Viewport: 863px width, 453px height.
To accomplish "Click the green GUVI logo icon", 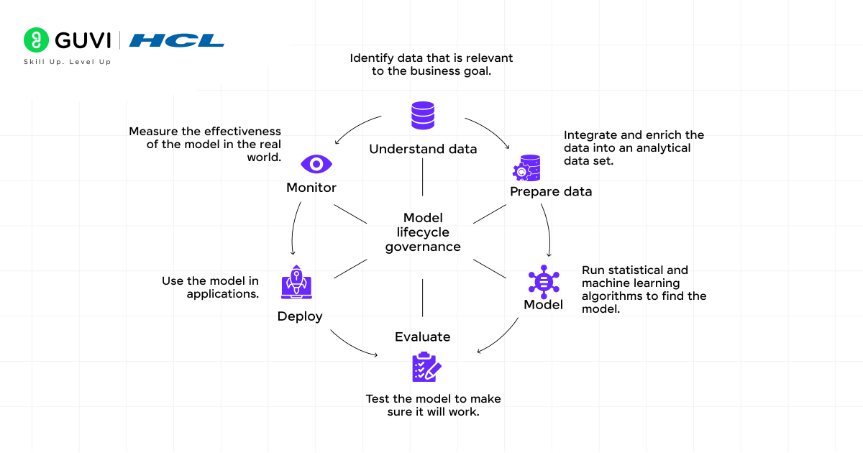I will click(x=35, y=40).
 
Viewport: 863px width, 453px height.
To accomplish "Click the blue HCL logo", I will click(x=176, y=40).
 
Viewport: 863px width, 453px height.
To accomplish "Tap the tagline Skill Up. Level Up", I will click(x=68, y=62).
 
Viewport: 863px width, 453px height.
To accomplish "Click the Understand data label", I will click(x=423, y=149).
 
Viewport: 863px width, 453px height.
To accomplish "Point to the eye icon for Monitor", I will click(x=316, y=164).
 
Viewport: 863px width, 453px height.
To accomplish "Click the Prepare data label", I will click(x=551, y=191).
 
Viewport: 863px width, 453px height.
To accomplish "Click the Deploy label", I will click(x=300, y=316).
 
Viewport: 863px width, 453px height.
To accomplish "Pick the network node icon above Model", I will click(x=543, y=280).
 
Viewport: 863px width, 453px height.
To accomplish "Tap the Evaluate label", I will click(x=423, y=337).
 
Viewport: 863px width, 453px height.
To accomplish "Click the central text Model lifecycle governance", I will click(x=423, y=232).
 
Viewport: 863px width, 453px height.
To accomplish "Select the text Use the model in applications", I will click(x=211, y=288).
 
